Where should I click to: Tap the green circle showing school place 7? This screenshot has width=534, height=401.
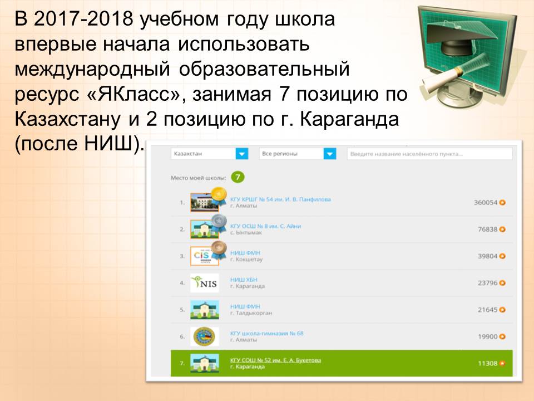click(x=238, y=177)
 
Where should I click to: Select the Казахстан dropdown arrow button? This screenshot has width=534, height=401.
click(x=242, y=154)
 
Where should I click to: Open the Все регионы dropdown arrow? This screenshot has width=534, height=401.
click(x=330, y=154)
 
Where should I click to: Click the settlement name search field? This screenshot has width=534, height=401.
click(x=429, y=154)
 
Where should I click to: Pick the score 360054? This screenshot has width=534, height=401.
click(x=486, y=203)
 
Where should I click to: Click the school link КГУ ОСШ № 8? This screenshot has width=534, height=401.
click(x=266, y=226)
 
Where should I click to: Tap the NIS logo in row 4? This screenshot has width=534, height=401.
click(x=204, y=283)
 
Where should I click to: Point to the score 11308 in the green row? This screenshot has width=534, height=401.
click(x=488, y=364)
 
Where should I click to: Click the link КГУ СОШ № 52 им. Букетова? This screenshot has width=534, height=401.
click(x=275, y=360)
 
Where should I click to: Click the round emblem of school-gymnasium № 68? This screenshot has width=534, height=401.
click(x=204, y=336)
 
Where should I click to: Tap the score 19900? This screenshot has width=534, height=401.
click(x=488, y=336)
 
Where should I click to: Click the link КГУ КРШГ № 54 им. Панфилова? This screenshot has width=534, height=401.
click(x=280, y=199)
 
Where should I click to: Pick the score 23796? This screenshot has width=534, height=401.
click(x=488, y=283)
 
